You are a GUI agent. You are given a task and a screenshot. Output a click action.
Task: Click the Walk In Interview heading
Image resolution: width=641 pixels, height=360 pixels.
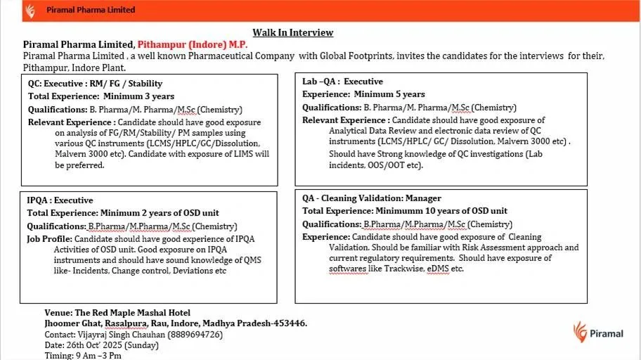[293, 32]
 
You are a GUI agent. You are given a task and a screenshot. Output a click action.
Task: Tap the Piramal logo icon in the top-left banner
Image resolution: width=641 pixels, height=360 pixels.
[29, 11]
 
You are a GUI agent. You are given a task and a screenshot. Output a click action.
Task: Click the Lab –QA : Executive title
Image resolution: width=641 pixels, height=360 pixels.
[342, 82]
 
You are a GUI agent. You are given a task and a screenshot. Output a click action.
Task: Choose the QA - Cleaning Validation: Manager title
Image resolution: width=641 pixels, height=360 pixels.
[372, 198]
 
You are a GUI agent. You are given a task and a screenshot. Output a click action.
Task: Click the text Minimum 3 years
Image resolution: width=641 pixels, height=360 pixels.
[138, 96]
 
